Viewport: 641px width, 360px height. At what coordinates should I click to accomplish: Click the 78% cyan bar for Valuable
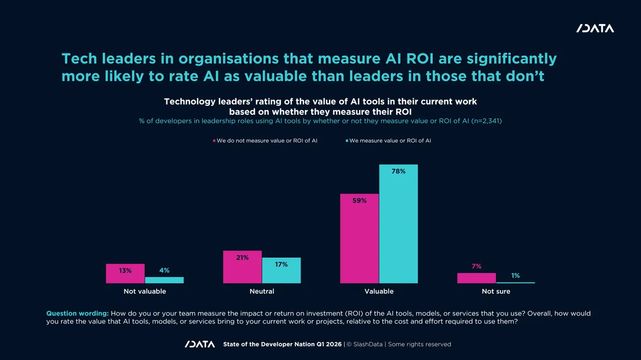(398, 224)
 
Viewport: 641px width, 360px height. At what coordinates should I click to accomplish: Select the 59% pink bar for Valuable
(359, 238)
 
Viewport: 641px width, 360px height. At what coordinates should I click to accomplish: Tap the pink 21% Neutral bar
(243, 267)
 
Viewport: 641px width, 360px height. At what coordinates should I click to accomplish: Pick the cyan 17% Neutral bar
(282, 270)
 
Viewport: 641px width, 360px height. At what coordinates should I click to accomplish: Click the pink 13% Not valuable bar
(126, 273)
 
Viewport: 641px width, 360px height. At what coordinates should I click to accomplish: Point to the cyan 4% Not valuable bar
(165, 280)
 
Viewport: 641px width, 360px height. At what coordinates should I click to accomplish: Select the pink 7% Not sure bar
(476, 278)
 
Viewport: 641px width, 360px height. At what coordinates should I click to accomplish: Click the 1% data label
(515, 276)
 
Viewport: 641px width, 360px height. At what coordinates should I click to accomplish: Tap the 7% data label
(476, 266)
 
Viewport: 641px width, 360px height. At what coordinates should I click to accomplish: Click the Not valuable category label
(145, 291)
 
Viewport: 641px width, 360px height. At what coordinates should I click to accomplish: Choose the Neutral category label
(262, 291)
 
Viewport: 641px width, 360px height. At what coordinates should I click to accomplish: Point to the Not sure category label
(496, 291)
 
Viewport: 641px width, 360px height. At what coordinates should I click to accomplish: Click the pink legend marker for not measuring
(214, 141)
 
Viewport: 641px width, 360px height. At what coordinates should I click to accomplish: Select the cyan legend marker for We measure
(347, 141)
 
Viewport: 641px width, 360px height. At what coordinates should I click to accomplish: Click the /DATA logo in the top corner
(595, 28)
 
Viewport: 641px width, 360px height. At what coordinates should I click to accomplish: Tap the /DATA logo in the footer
(200, 344)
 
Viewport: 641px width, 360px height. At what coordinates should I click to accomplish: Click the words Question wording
(77, 314)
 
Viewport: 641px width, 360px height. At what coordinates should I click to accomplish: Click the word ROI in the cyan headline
(420, 59)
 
